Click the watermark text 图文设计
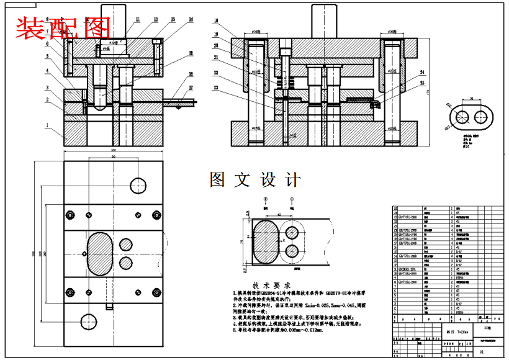255,180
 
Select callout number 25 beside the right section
423,83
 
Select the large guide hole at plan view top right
138,184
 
